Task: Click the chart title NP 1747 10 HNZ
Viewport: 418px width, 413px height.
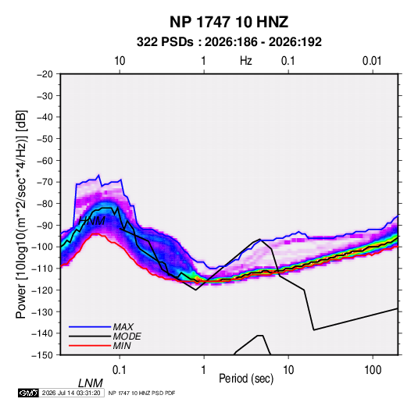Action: (x=229, y=22)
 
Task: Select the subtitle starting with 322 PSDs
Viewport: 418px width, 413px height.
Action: (x=229, y=42)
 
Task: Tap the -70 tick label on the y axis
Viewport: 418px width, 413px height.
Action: (x=45, y=182)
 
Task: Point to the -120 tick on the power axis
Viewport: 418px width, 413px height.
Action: (x=43, y=290)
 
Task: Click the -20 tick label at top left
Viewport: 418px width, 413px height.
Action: (x=45, y=74)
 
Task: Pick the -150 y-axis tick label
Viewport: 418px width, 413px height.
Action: (x=43, y=355)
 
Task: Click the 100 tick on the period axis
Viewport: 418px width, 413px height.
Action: (x=373, y=370)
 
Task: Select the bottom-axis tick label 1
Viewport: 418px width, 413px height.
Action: (x=204, y=370)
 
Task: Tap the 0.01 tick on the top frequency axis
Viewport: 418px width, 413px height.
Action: (x=372, y=61)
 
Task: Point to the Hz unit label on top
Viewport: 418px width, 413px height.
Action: (x=246, y=61)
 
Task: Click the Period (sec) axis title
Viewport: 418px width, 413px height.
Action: (x=246, y=379)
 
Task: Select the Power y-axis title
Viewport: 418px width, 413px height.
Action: (x=21, y=215)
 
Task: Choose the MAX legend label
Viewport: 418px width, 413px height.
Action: (x=123, y=327)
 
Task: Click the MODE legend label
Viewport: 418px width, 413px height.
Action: (x=127, y=336)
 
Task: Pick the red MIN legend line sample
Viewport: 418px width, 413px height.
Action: (x=90, y=346)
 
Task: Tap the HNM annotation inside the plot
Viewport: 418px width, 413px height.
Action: (x=91, y=221)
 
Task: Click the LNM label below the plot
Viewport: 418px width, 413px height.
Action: (x=91, y=383)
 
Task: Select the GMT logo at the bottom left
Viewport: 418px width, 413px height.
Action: (x=29, y=393)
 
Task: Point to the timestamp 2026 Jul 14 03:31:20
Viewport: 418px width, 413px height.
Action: (x=71, y=393)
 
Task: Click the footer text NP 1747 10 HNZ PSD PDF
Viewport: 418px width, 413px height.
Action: (x=142, y=393)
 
